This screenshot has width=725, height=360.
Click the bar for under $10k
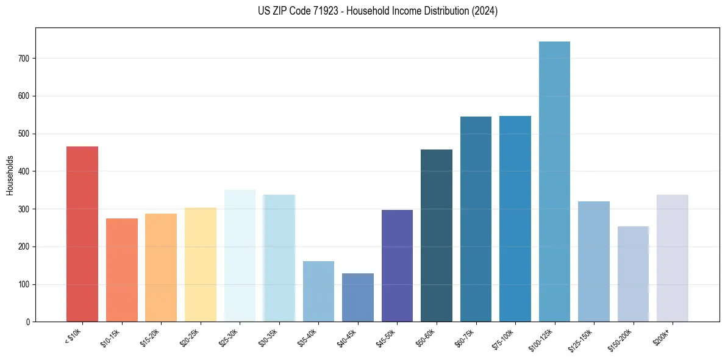click(82, 234)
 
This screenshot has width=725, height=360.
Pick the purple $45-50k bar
click(397, 266)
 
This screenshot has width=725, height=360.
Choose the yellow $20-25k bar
click(201, 265)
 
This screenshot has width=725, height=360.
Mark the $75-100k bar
click(515, 219)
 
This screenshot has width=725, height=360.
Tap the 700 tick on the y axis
click(24, 59)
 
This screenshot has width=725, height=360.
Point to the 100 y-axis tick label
click(24, 284)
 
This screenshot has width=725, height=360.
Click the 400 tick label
click(24, 171)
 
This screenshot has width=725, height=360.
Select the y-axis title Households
click(10, 175)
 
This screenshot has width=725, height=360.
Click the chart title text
click(362, 11)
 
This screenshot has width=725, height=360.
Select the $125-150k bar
click(594, 262)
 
